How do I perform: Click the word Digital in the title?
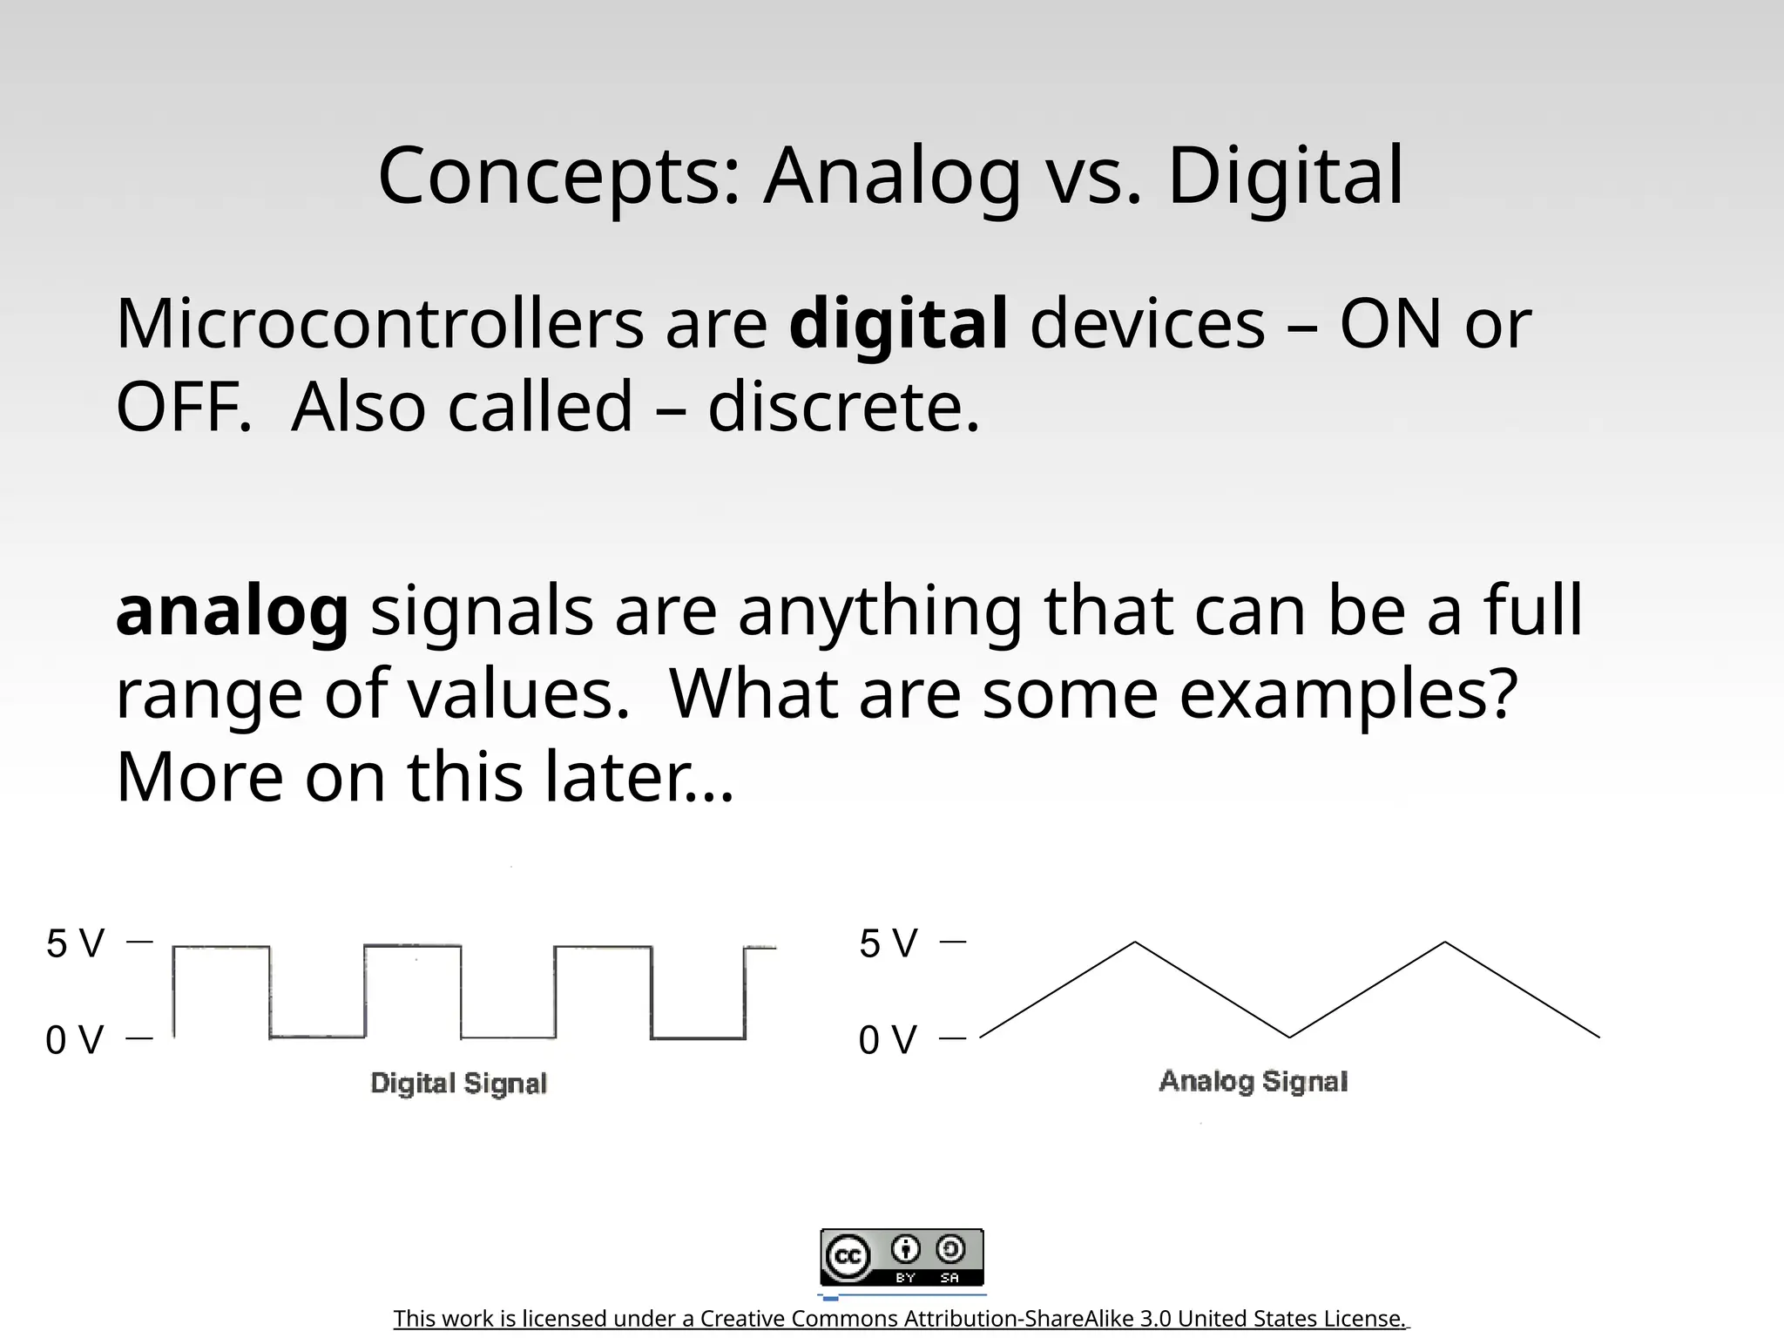click(1285, 176)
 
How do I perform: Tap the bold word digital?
click(898, 324)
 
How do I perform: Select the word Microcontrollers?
click(380, 324)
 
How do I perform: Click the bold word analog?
click(232, 612)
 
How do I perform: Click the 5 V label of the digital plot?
click(75, 943)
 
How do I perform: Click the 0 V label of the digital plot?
click(75, 1039)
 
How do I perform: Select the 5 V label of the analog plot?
click(889, 943)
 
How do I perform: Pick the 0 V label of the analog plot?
click(889, 1039)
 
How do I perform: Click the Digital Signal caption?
click(459, 1084)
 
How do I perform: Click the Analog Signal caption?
click(1254, 1081)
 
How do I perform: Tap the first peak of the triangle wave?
click(1135, 943)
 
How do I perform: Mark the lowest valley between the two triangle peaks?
click(1289, 1037)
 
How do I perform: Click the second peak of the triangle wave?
click(1445, 943)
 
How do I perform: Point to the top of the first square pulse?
click(221, 947)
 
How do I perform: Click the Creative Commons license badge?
click(902, 1257)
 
